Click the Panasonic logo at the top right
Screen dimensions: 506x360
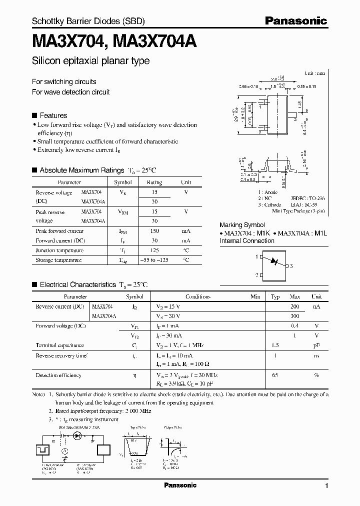295,20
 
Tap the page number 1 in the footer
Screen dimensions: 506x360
326,485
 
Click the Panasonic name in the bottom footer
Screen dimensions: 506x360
180,485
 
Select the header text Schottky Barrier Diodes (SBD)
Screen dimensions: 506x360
88,21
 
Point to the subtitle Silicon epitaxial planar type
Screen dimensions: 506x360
90,61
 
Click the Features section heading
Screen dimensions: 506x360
53,115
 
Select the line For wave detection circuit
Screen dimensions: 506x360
70,92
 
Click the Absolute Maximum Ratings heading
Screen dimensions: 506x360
81,170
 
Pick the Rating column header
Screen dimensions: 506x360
154,182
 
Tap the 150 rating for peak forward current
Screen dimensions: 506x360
154,231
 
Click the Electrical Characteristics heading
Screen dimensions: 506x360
77,284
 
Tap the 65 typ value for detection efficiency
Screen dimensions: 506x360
274,375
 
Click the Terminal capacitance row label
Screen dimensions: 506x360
59,345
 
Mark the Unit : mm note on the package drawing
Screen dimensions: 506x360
314,73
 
